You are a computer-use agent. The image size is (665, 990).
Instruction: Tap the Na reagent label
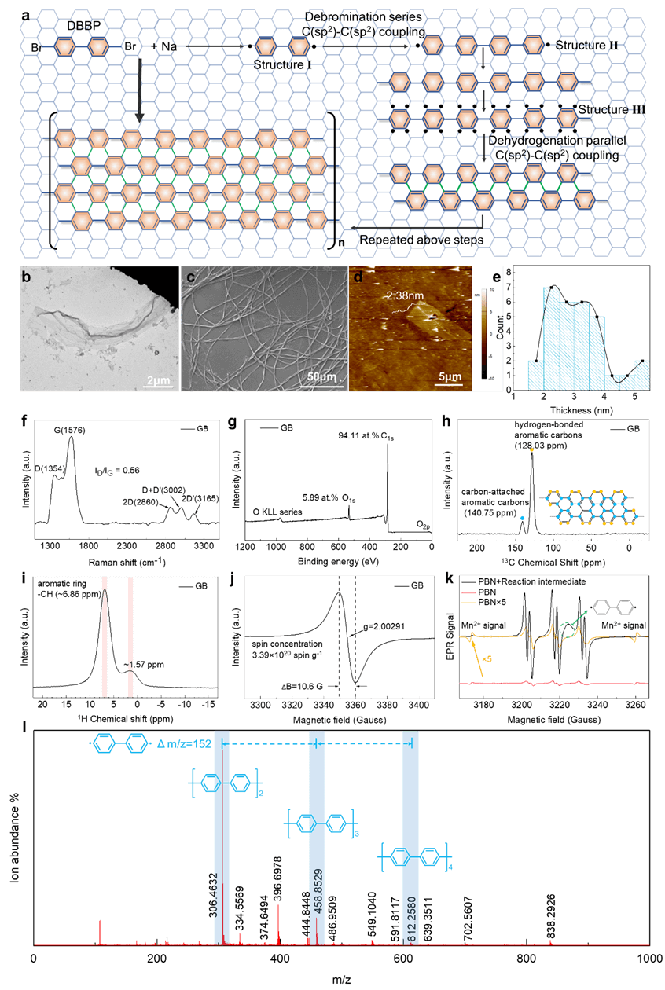coord(169,48)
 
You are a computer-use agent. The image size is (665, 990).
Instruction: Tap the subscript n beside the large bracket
coord(341,245)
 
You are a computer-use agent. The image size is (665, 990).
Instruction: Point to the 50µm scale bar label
coord(318,379)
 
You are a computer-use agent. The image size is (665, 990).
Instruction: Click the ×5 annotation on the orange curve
coord(488,658)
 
